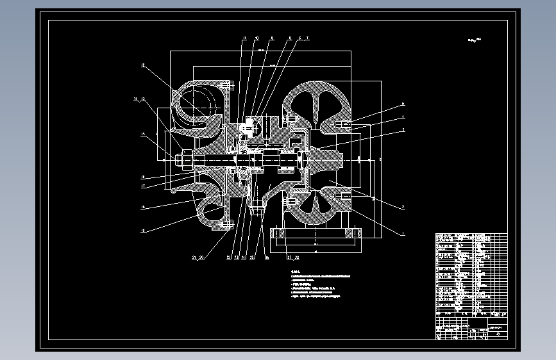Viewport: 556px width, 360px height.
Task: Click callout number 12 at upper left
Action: (143, 65)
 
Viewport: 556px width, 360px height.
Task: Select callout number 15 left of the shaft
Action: (143, 134)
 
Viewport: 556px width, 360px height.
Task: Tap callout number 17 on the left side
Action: (143, 186)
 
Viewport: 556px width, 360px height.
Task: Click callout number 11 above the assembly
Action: (244, 38)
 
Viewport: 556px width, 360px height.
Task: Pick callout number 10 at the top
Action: (257, 38)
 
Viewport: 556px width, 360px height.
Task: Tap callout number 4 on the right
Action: (403, 117)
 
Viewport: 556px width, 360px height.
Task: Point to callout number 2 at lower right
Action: (403, 207)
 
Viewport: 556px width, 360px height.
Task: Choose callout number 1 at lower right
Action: (403, 234)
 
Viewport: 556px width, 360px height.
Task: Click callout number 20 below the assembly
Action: (202, 258)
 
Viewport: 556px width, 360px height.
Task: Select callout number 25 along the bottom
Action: (252, 258)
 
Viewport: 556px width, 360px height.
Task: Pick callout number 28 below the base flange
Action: (296, 258)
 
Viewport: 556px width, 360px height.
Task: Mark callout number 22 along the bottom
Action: (229, 258)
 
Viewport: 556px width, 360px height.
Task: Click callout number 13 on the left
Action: (143, 99)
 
